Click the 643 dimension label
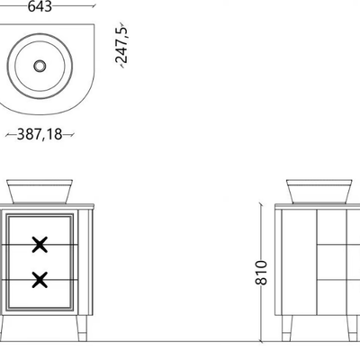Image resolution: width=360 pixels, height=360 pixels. (40, 6)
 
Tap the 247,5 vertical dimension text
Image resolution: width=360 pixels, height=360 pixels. (121, 45)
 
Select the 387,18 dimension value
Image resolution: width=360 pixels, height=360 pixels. (40, 134)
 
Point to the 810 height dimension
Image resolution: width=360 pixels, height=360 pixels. (261, 273)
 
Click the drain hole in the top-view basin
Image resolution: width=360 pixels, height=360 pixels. (40, 66)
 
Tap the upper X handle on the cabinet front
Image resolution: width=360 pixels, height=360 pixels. (40, 245)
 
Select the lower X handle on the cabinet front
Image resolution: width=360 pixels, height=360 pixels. (40, 280)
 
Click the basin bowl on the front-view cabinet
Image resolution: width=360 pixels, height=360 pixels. (40, 192)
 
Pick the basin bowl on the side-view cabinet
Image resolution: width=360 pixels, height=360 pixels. (319, 192)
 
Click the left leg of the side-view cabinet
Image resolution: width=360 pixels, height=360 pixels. (286, 328)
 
